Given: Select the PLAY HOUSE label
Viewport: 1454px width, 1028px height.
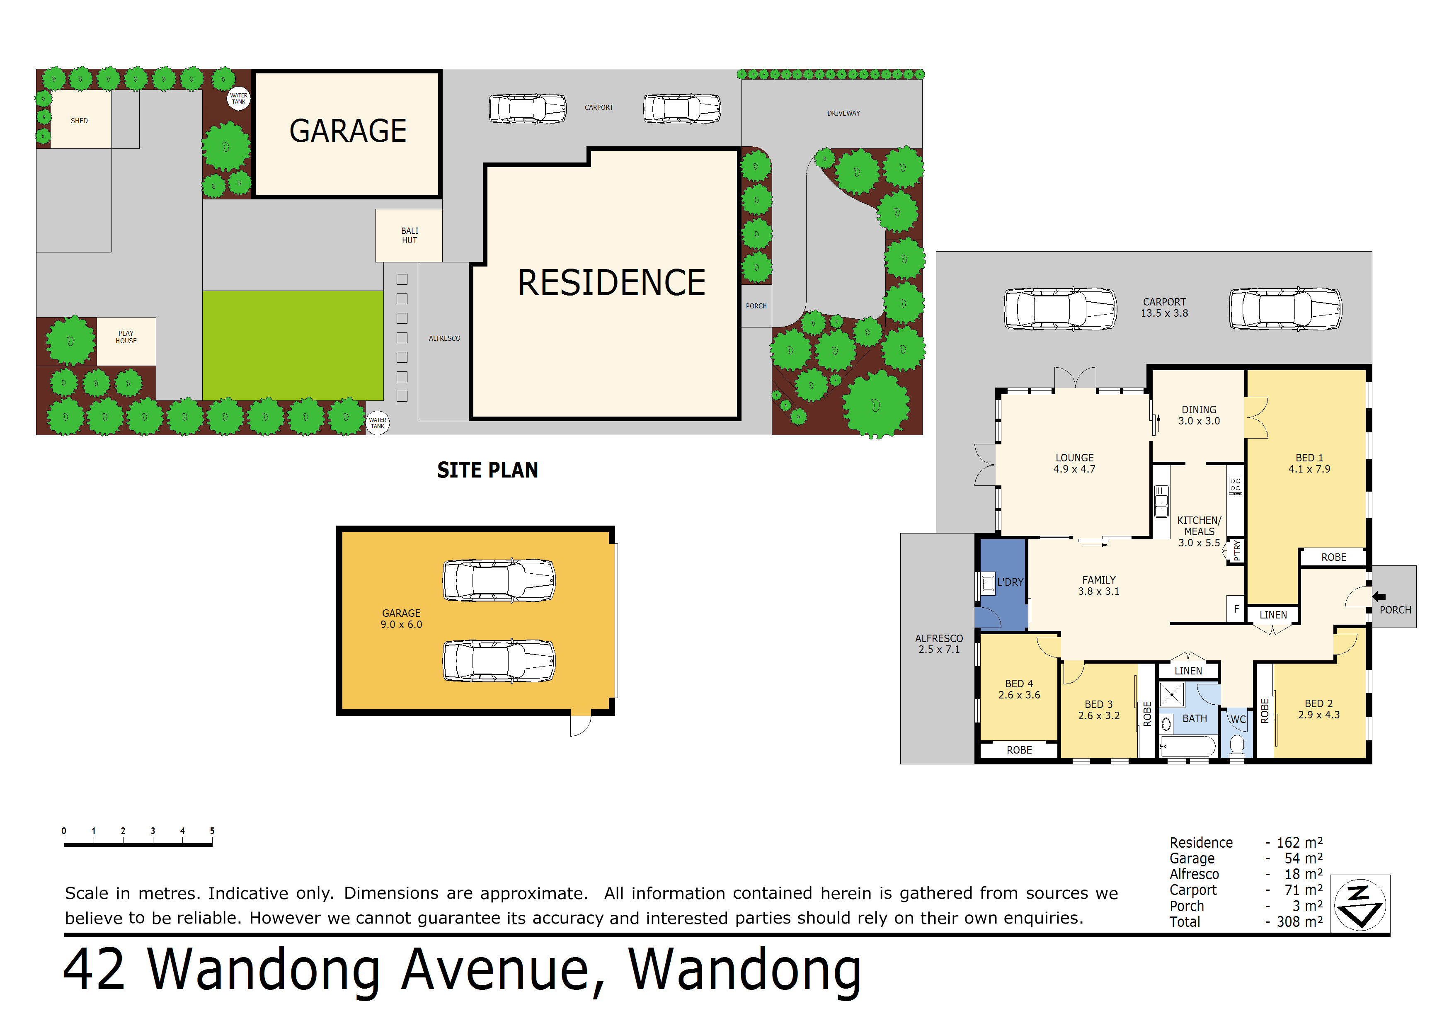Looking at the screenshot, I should (x=126, y=337).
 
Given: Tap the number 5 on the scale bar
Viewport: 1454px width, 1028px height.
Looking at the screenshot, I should (x=212, y=830).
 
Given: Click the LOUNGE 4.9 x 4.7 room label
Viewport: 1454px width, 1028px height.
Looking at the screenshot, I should (x=1074, y=463).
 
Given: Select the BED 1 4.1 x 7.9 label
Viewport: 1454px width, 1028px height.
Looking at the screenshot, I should (x=1309, y=463).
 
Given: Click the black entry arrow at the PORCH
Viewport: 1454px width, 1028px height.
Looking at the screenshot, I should (x=1379, y=596).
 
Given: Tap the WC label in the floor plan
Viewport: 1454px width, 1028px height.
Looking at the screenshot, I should (x=1238, y=720).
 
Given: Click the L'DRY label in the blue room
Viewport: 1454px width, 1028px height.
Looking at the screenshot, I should (x=1010, y=582).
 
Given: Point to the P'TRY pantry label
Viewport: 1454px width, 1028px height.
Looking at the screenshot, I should (x=1237, y=550).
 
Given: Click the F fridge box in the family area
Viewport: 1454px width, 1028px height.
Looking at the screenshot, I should (x=1236, y=609).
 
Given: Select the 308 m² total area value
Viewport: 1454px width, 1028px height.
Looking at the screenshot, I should (x=1299, y=921).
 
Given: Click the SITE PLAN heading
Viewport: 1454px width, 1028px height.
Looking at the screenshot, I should (x=487, y=470).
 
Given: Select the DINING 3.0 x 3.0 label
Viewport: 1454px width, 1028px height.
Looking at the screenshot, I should (x=1199, y=415).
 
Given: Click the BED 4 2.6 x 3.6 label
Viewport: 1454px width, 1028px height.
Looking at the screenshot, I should (x=1019, y=689).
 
